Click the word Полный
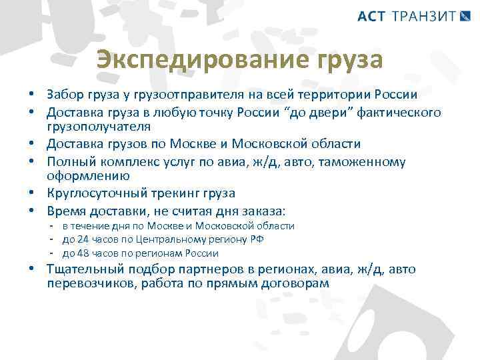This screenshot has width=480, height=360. pos(68,161)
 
